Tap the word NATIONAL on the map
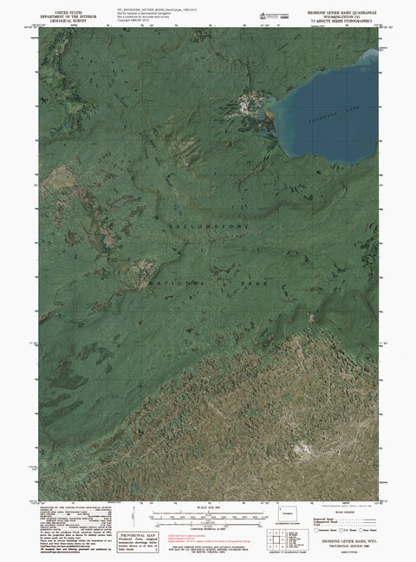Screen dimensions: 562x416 [179, 284]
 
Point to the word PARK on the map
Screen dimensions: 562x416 [257, 284]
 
